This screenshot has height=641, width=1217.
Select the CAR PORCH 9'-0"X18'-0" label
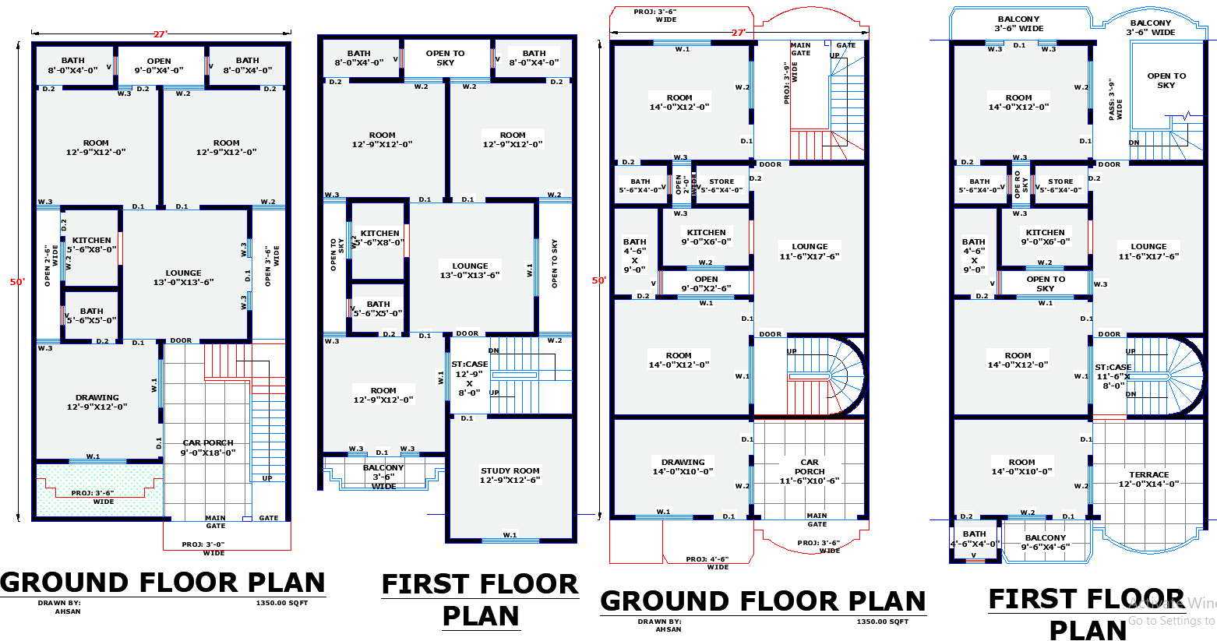[208, 448]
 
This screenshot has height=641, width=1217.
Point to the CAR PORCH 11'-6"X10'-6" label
[810, 471]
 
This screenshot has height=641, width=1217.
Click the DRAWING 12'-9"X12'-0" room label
[97, 402]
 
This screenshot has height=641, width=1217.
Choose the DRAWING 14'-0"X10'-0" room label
[683, 467]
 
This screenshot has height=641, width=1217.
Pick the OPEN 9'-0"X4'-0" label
[159, 65]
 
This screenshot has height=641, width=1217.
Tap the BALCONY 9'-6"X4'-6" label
[1045, 542]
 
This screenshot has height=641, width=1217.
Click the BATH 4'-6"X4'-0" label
[974, 539]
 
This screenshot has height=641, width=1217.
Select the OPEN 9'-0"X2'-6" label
[706, 284]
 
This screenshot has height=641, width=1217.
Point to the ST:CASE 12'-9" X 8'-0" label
[469, 379]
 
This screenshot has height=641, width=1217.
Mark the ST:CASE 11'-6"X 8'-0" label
[1113, 376]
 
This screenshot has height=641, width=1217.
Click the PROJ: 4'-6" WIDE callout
[707, 562]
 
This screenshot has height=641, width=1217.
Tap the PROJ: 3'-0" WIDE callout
[203, 548]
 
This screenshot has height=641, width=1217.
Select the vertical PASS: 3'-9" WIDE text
[1116, 99]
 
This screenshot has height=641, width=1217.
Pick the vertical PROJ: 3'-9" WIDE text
[791, 83]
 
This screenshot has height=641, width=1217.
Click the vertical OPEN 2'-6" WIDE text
[51, 265]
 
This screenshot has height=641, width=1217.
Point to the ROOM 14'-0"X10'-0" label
[1021, 467]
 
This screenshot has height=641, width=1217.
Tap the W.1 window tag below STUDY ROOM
[510, 535]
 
